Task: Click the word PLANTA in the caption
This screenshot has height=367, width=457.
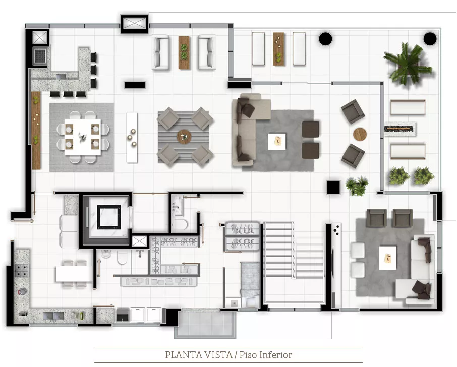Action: (x=183, y=355)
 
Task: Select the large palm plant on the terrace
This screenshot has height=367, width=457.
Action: (x=408, y=64)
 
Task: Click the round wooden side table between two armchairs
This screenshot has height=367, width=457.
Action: (x=360, y=134)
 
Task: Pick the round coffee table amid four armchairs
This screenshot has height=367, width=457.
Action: (x=184, y=137)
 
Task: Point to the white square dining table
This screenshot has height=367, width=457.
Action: (x=83, y=137)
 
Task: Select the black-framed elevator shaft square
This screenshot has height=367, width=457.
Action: (x=109, y=217)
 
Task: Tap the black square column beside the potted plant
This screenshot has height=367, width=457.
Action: (x=333, y=188)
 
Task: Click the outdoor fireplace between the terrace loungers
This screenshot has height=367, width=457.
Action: (x=400, y=129)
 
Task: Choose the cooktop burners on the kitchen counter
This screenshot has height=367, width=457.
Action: (x=22, y=270)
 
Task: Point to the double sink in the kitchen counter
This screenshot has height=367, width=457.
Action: (x=53, y=316)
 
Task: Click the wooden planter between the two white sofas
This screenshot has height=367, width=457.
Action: (x=184, y=52)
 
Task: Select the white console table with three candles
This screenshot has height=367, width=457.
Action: (x=132, y=138)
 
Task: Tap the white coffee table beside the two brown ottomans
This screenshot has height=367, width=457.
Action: (x=277, y=142)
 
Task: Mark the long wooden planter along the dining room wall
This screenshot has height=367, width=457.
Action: (x=36, y=130)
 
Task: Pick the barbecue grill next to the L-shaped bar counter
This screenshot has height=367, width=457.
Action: (x=40, y=55)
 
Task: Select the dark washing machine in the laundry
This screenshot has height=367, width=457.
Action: (x=123, y=315)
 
